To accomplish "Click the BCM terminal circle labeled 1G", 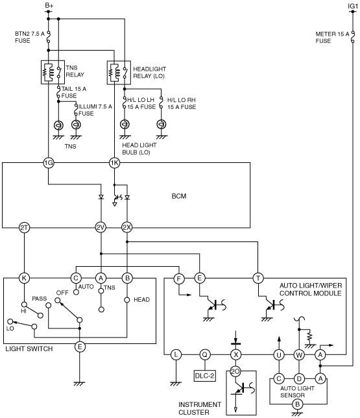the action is coord(48,163).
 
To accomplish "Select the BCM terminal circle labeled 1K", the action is coord(114,163).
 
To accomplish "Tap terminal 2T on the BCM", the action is coord(24,228).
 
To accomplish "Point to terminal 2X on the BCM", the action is coord(127,228).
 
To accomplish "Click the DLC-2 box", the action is coord(204,376).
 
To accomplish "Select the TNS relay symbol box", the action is coord(53,72).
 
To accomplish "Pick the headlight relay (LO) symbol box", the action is coord(119,73).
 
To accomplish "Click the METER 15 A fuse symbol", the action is coord(353,37).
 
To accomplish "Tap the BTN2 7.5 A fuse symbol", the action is coord(48,36).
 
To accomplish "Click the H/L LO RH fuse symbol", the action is coord(161,103).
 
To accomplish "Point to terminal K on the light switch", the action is coord(24,278).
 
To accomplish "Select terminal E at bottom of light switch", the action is coord(80,347).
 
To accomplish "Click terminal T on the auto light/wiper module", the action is coord(258,278).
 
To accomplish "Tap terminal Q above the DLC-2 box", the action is coord(204,355).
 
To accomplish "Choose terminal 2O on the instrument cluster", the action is coord(235,371).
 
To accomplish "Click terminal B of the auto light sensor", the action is coord(297,404).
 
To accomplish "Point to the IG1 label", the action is coord(352,6).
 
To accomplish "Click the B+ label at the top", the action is coord(49,5).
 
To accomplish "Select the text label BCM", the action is coord(179,196).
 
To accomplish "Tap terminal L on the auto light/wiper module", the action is coord(176,355).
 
